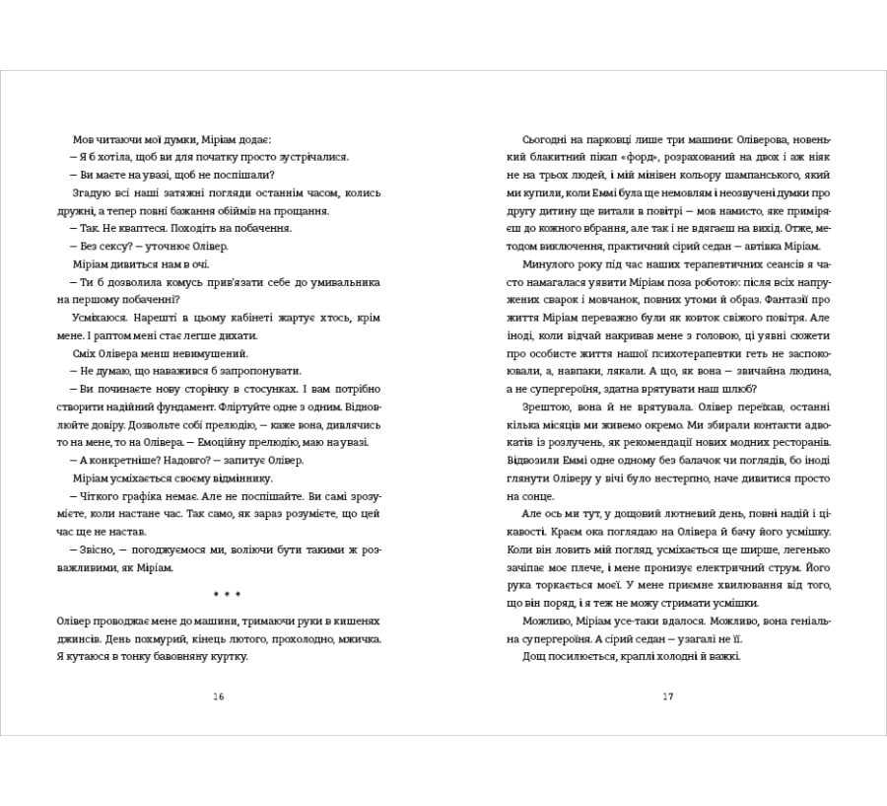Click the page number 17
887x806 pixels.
point(667,696)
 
